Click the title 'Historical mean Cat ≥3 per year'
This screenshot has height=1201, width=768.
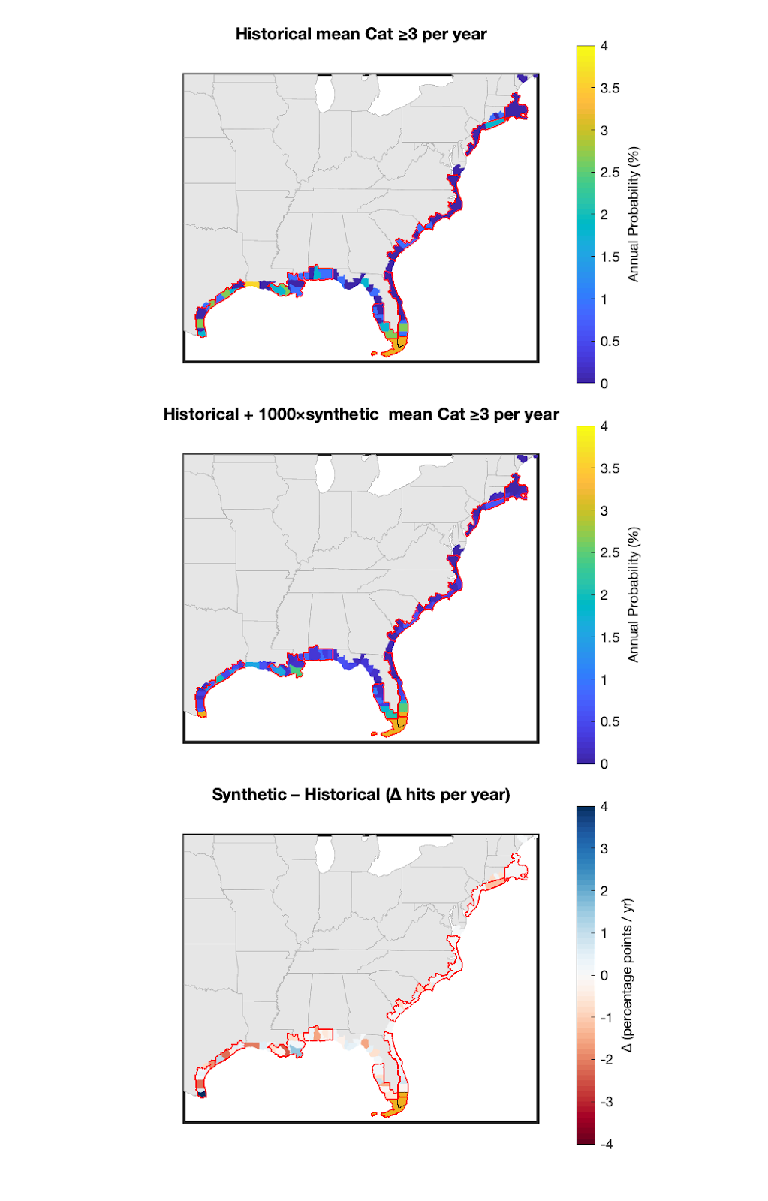coord(361,34)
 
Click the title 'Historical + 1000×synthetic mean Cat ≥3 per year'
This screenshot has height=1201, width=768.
coord(361,414)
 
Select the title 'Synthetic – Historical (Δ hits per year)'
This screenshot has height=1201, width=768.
coord(361,795)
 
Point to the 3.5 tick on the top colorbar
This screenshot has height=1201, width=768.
coord(610,89)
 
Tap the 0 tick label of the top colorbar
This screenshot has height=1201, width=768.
coord(604,384)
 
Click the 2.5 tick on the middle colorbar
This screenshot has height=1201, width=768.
coord(610,553)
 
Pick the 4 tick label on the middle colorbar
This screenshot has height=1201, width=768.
coord(604,426)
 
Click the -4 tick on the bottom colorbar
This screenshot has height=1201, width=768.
coord(607,1145)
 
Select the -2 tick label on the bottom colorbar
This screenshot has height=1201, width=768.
coord(607,1060)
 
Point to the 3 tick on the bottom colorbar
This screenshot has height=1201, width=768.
coord(604,849)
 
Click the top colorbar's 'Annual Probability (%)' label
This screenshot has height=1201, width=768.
coord(634,215)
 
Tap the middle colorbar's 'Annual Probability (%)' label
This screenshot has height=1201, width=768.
coord(634,595)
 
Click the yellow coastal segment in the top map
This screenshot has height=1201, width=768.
coord(251,284)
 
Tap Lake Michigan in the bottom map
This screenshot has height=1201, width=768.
coord(325,853)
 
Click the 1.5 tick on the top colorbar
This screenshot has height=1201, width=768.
coord(610,257)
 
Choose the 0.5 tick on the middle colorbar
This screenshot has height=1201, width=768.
coord(610,722)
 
